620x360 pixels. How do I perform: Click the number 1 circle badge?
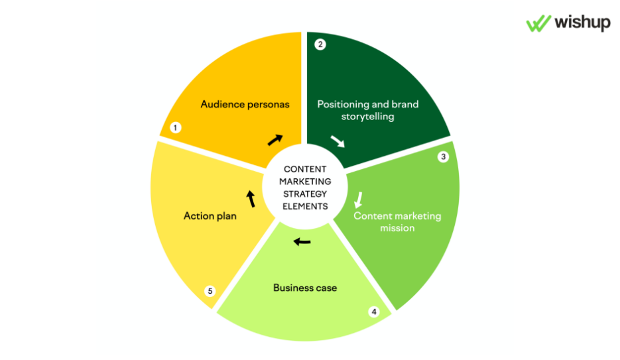coord(176,127)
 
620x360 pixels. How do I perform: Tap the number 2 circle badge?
coord(320,44)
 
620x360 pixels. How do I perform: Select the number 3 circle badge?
coord(444,157)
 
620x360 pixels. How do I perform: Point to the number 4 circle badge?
coord(374,311)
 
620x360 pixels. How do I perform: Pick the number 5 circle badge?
coord(210,290)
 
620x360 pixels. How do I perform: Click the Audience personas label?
coord(245,104)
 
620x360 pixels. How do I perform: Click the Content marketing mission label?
coord(397,222)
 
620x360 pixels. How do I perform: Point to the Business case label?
coord(305,288)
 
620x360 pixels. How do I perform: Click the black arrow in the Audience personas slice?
coord(275,139)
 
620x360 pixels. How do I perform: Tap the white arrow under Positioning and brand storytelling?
coord(338,141)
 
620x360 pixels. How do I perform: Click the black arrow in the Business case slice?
coord(302,241)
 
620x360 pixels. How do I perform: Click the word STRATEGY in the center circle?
coord(305,194)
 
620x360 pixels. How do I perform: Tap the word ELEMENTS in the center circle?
coord(305,206)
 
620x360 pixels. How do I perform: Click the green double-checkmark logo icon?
coord(538,23)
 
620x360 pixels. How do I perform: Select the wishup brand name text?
coord(581,23)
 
